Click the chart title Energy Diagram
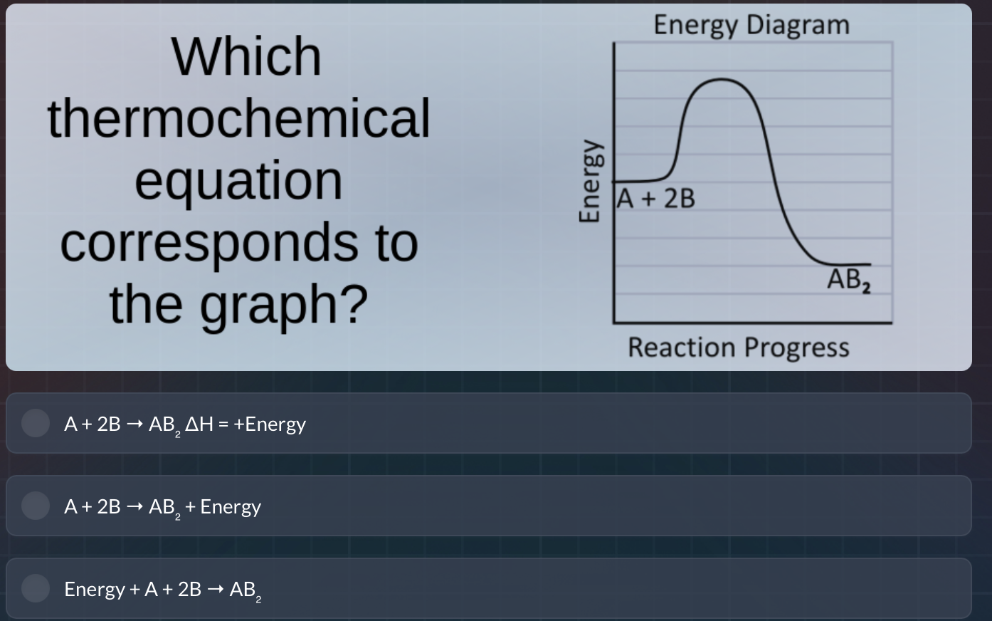tap(751, 25)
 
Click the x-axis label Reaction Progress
tap(738, 348)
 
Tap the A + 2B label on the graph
tap(656, 199)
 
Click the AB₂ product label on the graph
tap(848, 280)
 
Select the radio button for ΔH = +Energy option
tap(35, 423)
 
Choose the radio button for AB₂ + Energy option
tap(35, 506)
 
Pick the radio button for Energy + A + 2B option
tap(35, 588)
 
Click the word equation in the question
tap(238, 180)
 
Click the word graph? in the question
tap(283, 304)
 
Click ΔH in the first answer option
tap(199, 424)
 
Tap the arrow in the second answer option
tap(134, 507)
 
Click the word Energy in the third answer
tap(94, 589)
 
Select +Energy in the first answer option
tap(270, 424)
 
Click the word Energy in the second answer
tap(231, 506)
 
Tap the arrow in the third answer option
tap(216, 590)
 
